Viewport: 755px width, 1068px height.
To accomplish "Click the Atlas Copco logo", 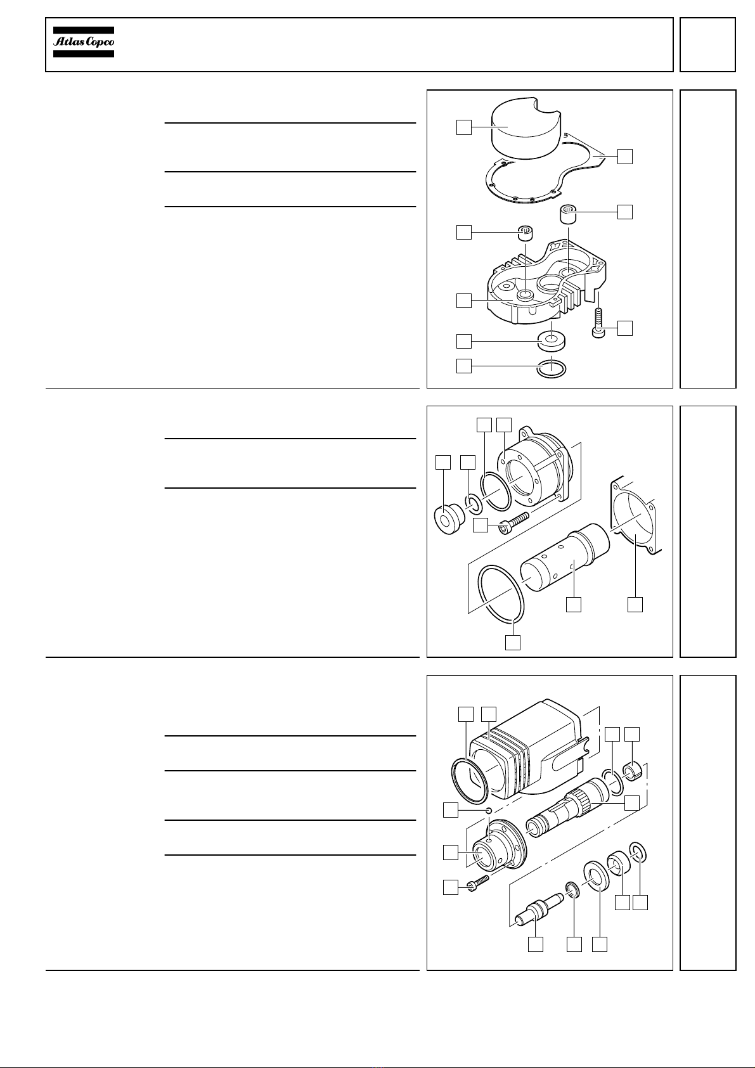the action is (84, 42).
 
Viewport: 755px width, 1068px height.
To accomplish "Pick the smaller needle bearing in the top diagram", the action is (526, 233).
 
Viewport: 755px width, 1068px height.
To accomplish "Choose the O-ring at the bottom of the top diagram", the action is (552, 368).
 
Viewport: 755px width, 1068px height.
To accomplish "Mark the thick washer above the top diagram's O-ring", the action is (551, 341).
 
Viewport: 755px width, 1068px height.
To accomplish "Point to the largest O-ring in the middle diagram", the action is (501, 594).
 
